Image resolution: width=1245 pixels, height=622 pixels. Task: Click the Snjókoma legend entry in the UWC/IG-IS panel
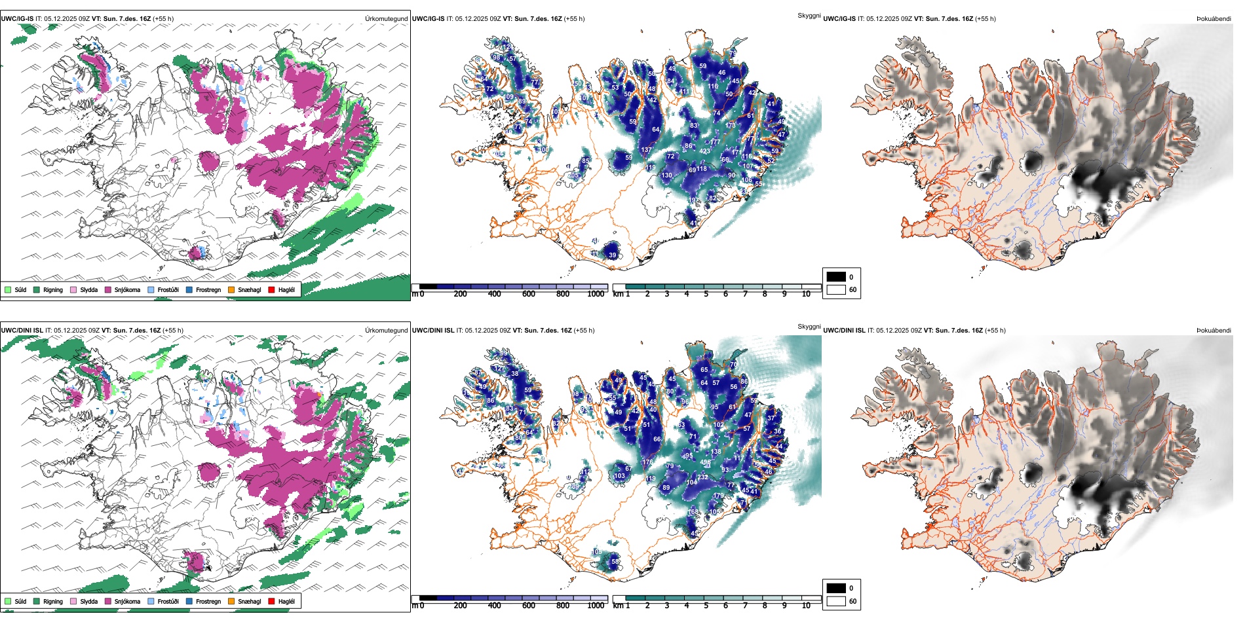[127, 289]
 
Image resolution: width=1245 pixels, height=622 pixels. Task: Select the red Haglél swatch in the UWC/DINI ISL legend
[271, 601]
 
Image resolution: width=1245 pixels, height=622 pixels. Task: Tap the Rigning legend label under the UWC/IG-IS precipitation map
[53, 289]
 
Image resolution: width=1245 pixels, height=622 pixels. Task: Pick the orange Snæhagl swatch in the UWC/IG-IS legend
[231, 289]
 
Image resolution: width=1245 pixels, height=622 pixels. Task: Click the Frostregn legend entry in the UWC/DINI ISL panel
[208, 601]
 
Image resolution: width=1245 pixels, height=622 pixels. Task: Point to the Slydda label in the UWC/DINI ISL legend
[88, 601]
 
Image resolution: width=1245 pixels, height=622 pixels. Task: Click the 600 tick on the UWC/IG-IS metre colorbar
[529, 294]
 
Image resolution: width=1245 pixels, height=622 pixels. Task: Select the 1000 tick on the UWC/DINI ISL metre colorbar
[596, 606]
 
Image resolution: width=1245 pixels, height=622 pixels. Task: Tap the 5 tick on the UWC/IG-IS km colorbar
[706, 294]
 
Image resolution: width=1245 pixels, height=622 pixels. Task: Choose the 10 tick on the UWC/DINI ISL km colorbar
[806, 606]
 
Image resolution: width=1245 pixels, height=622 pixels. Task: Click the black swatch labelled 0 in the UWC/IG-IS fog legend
[836, 277]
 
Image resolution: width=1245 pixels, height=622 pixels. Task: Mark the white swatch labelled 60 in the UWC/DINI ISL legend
[836, 601]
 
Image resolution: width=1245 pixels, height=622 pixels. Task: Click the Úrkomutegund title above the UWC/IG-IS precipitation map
[386, 19]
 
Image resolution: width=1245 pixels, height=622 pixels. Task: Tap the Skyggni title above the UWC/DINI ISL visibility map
[809, 327]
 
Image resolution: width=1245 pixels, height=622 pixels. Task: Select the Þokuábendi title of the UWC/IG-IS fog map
[1214, 19]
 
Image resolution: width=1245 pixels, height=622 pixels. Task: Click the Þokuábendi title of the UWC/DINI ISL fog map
[1214, 331]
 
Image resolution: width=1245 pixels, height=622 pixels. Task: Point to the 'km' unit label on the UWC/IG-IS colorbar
[617, 294]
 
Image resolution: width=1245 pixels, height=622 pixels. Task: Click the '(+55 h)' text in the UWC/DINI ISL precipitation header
[173, 331]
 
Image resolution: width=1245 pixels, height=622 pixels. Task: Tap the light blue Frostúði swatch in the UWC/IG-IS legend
[151, 289]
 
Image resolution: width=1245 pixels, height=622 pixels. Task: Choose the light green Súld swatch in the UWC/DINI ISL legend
[8, 601]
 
